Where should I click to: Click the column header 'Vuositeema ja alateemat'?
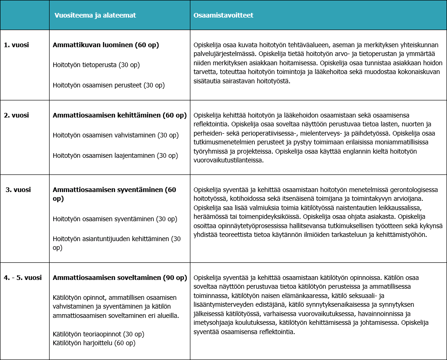(x=95, y=15)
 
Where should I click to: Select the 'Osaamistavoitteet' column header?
(x=223, y=15)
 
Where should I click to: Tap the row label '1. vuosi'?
(x=17, y=45)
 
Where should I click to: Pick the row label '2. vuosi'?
(x=17, y=115)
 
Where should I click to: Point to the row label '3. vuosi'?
(x=18, y=190)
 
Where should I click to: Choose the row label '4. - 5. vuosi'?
(x=23, y=278)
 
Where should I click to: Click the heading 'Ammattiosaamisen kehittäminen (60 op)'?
(x=120, y=115)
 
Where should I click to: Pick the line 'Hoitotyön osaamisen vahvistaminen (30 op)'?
(x=115, y=135)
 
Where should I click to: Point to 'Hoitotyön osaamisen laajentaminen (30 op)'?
(x=115, y=155)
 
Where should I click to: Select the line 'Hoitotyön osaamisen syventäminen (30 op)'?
(x=114, y=219)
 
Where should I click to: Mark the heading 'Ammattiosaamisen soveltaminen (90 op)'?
(x=120, y=278)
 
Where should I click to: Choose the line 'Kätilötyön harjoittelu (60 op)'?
(x=94, y=343)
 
